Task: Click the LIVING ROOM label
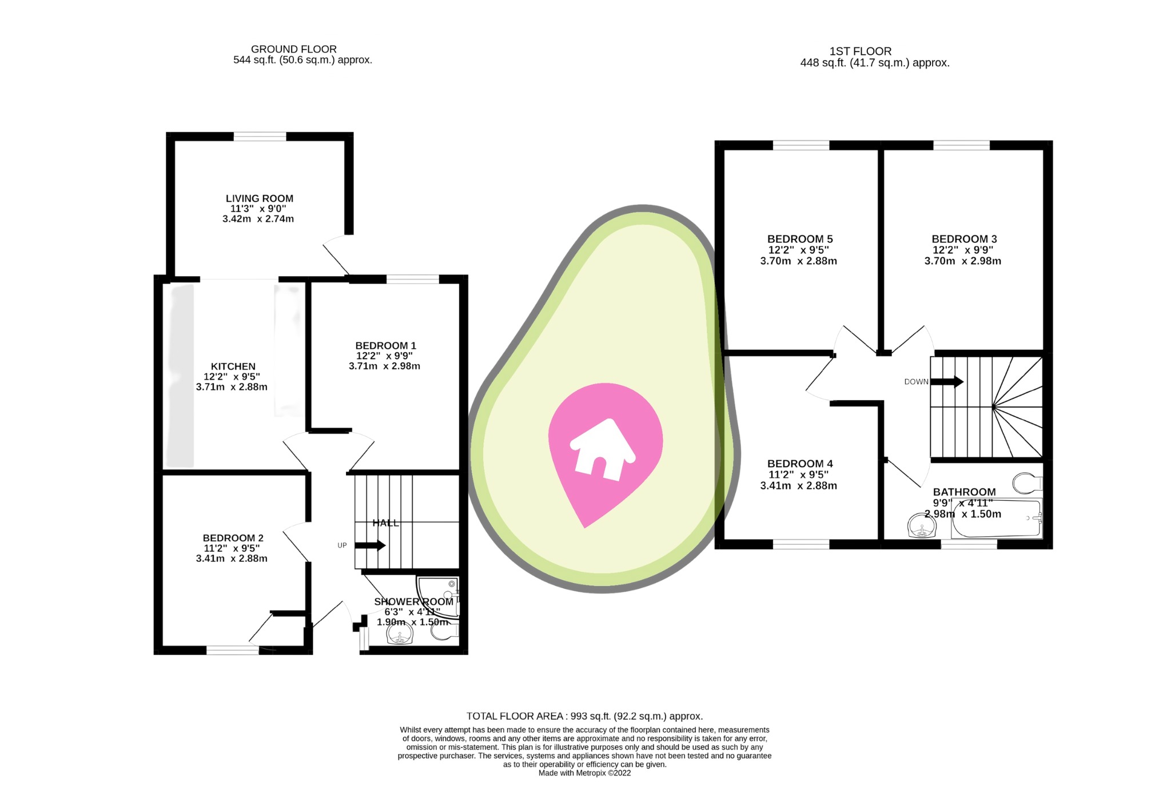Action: tap(259, 198)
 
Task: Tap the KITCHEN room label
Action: tap(233, 366)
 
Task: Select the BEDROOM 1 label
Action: tap(385, 345)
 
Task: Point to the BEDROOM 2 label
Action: tap(233, 538)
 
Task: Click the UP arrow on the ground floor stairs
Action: tap(370, 545)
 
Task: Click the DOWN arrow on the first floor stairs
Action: tap(947, 381)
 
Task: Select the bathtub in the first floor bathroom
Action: tap(995, 519)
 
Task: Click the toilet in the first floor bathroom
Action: tap(1027, 483)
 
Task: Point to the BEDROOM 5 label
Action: tap(799, 239)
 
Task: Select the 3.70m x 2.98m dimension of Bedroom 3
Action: tap(962, 261)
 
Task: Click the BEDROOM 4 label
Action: tap(799, 464)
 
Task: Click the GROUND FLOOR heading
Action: tap(293, 49)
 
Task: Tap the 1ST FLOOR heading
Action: tap(860, 51)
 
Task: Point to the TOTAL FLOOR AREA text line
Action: tap(584, 716)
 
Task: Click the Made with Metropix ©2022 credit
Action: tap(584, 773)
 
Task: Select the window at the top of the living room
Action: tap(260, 136)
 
